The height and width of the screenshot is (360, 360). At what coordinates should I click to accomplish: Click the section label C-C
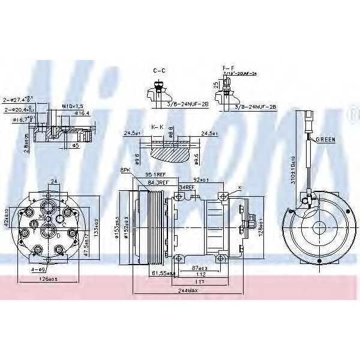point(159,71)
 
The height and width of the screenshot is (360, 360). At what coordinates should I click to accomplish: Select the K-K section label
point(158,127)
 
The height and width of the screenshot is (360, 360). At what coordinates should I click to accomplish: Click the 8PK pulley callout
point(125,170)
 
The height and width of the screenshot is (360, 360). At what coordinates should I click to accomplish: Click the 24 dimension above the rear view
point(53,181)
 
